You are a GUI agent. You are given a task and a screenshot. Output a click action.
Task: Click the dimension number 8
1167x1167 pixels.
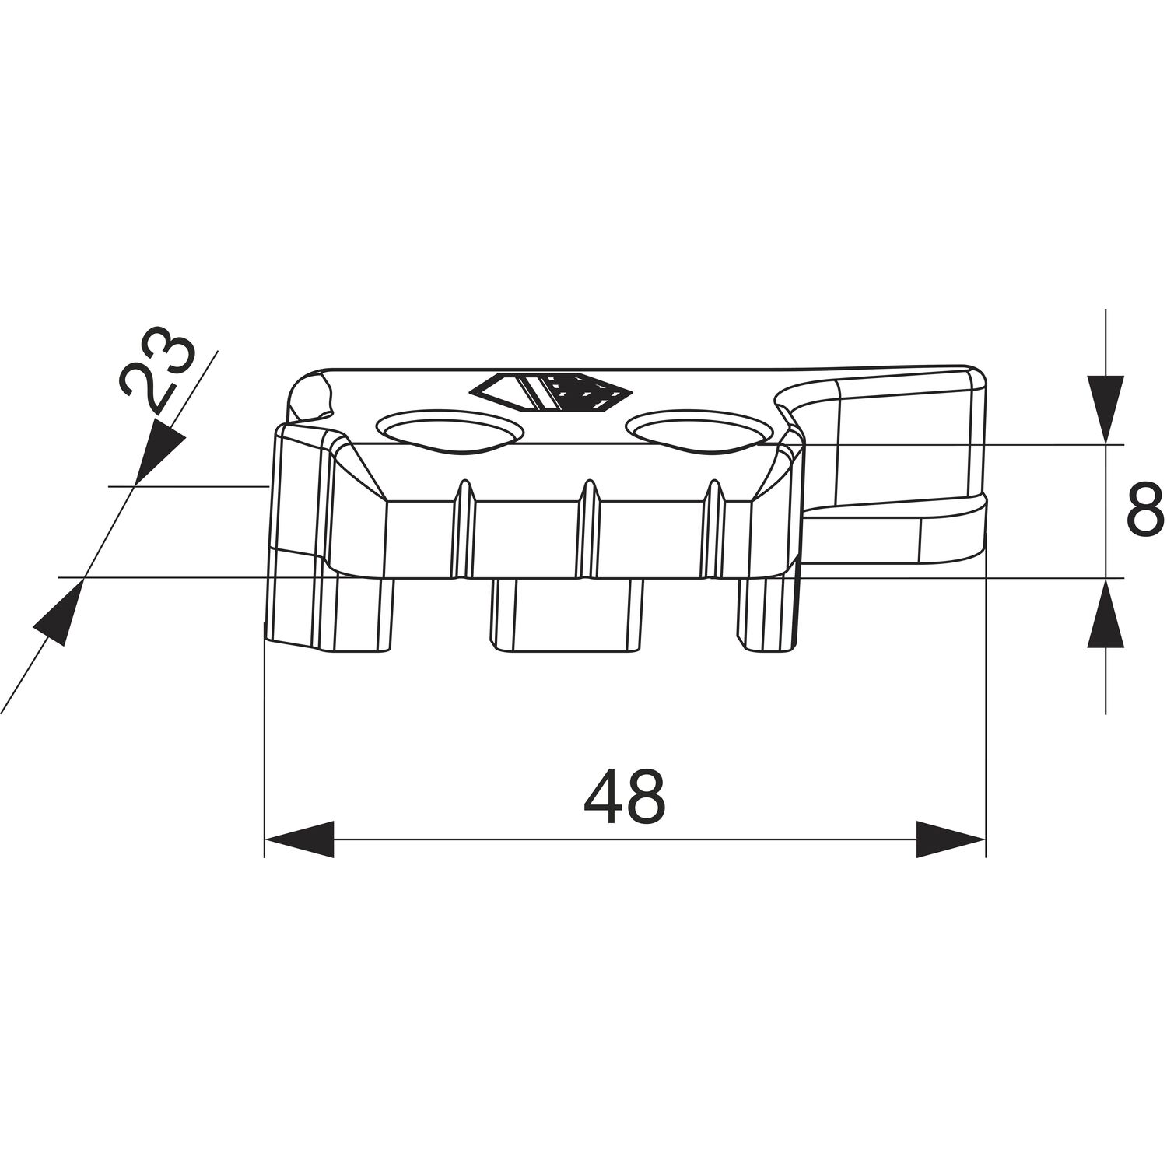(x=1145, y=510)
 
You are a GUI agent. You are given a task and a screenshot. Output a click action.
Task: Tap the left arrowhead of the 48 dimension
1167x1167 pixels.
(x=300, y=839)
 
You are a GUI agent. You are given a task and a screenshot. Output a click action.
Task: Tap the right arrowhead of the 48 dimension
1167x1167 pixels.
(x=951, y=839)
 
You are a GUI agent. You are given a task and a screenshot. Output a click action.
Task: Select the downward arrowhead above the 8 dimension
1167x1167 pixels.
(x=1106, y=409)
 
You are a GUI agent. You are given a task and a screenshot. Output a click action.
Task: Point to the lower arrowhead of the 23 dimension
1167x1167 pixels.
(x=58, y=612)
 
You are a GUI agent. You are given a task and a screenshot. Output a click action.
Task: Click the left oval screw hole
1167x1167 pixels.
(x=448, y=431)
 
